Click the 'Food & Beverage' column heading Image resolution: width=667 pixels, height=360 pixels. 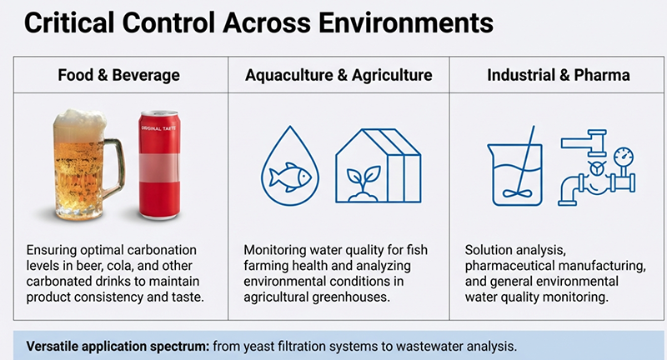(x=118, y=76)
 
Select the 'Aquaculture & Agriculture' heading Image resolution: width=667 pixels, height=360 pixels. (x=339, y=76)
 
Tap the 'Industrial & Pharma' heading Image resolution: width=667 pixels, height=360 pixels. (x=558, y=76)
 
